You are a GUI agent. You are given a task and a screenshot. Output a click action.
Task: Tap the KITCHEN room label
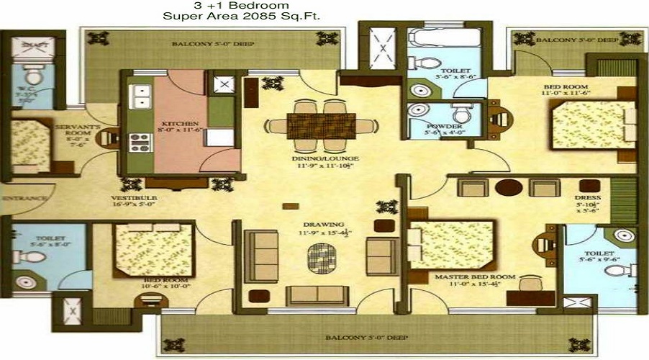click(174, 123)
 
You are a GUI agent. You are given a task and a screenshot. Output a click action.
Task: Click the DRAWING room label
click(323, 224)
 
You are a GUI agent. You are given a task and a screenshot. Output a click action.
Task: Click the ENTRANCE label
click(23, 197)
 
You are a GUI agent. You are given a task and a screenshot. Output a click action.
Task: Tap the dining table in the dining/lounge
click(322, 125)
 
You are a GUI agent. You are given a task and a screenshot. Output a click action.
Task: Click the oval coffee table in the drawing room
click(322, 257)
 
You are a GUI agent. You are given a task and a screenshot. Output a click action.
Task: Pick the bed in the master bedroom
click(451, 246)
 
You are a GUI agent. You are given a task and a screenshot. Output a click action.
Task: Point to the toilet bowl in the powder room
click(459, 114)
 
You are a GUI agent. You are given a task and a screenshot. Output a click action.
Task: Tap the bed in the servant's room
click(30, 145)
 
